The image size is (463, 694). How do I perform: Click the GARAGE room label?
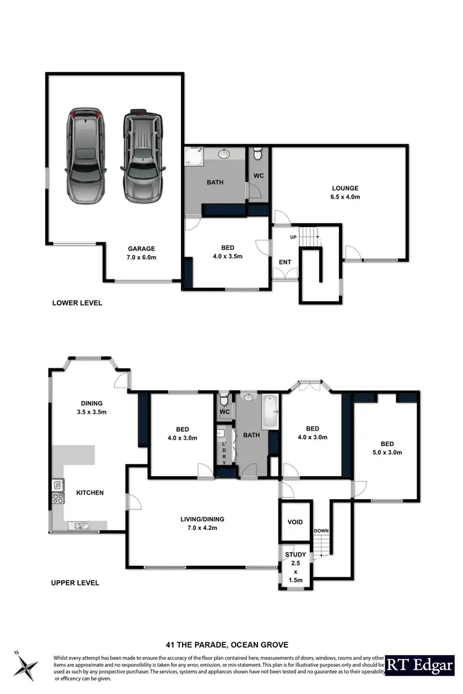tap(142, 249)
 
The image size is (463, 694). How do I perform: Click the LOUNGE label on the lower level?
tap(345, 188)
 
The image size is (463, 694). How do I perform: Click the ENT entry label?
tap(285, 262)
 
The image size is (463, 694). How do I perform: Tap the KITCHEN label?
tap(90, 492)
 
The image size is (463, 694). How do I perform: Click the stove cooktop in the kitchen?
tap(57, 498)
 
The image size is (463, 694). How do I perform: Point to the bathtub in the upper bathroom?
tap(270, 413)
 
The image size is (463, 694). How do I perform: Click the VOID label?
tap(295, 522)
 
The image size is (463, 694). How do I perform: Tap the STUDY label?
tap(295, 555)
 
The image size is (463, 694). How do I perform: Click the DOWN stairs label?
tap(322, 531)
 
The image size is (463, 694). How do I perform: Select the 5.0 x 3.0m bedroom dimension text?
tap(386, 452)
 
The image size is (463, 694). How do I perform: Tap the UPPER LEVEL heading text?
tap(75, 582)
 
